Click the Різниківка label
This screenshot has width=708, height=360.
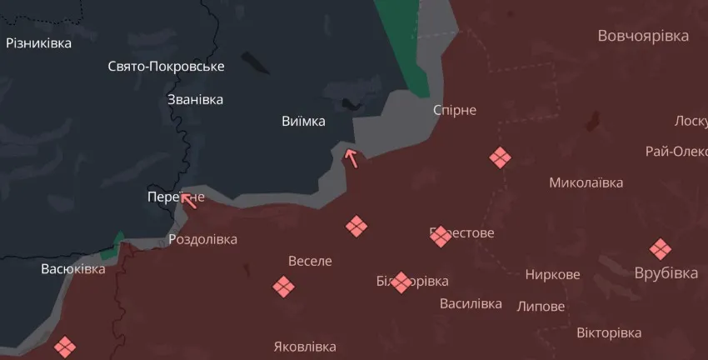click(38, 42)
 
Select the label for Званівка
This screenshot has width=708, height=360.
click(196, 99)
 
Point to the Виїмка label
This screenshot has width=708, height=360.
click(303, 122)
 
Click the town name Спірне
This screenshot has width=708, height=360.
click(455, 110)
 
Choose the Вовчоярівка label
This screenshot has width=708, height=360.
click(643, 36)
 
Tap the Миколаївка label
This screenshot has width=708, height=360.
click(586, 182)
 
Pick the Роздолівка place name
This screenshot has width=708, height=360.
click(202, 239)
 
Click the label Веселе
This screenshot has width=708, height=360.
click(310, 261)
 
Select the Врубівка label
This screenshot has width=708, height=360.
click(666, 273)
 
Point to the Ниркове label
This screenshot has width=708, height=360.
click(553, 274)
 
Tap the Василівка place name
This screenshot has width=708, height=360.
click(471, 303)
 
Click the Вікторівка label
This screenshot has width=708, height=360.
click(609, 332)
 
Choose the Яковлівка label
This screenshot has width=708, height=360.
click(305, 347)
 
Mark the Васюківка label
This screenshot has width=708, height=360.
click(73, 269)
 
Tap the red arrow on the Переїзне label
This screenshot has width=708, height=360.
click(189, 198)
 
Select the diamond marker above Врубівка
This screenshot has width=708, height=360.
click(661, 248)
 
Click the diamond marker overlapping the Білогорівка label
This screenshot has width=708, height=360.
click(401, 282)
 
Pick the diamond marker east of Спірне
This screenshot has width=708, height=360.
click(499, 157)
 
